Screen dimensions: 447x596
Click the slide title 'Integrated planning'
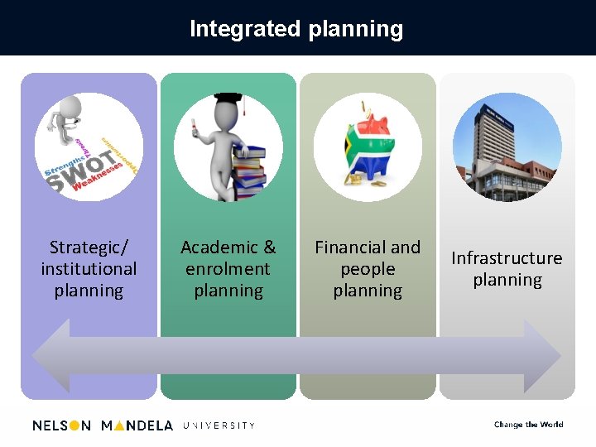click(x=296, y=29)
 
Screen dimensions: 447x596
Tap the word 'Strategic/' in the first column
click(x=89, y=248)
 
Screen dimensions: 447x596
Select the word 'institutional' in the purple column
click(x=89, y=269)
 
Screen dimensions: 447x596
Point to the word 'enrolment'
click(x=228, y=269)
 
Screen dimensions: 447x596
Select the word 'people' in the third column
click(x=368, y=269)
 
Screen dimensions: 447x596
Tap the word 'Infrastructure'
click(x=507, y=258)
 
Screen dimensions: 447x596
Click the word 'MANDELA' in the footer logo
click(x=137, y=425)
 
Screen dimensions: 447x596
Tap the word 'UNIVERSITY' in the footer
click(x=219, y=425)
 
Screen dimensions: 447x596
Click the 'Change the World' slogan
click(x=528, y=425)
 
